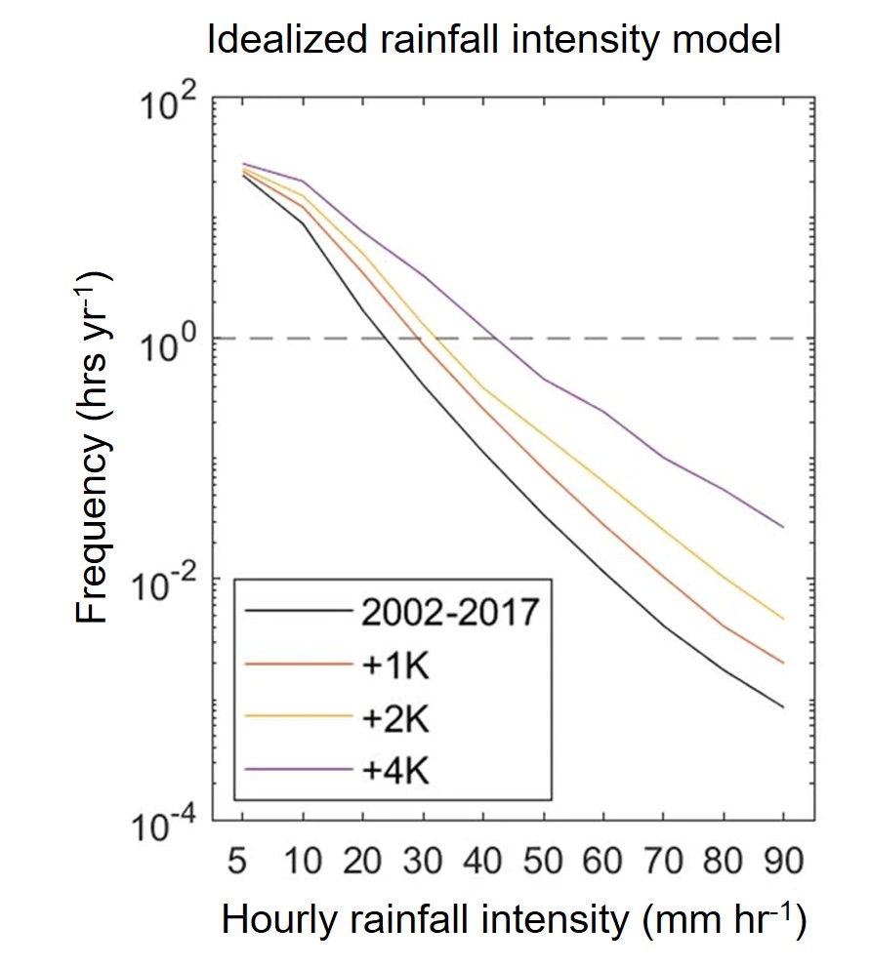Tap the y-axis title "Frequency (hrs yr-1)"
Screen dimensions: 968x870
tap(95, 449)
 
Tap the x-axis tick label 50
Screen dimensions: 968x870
tap(543, 863)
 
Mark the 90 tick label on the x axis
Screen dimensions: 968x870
tap(783, 863)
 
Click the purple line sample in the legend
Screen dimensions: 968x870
tap(298, 770)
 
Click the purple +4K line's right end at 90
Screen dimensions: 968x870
tap(783, 527)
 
